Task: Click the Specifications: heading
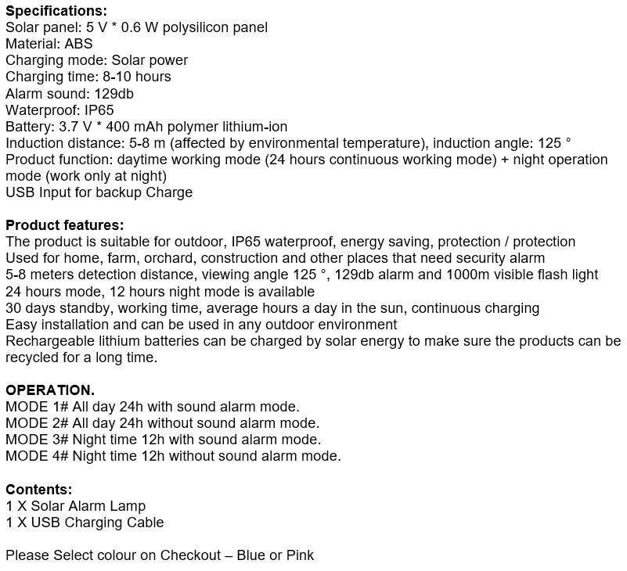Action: (56, 11)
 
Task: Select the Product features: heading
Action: (64, 225)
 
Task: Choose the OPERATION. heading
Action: (50, 390)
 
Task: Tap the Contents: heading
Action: (39, 490)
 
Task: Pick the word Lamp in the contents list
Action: (129, 506)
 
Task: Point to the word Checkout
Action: (190, 555)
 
